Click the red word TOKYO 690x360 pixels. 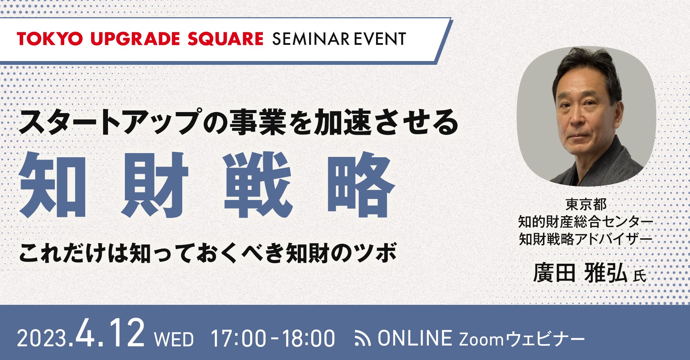point(50,39)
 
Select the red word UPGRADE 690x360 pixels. point(135,39)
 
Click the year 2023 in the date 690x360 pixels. point(42,338)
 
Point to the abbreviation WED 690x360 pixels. point(174,339)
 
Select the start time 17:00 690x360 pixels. point(238,338)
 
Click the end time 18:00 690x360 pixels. point(308,338)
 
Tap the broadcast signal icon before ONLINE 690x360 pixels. point(363,339)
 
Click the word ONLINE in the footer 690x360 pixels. point(415,338)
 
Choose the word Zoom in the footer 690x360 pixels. point(481,339)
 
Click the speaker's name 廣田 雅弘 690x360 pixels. point(580,273)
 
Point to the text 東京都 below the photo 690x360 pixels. point(586,205)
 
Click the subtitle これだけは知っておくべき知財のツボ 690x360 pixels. point(208,253)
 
